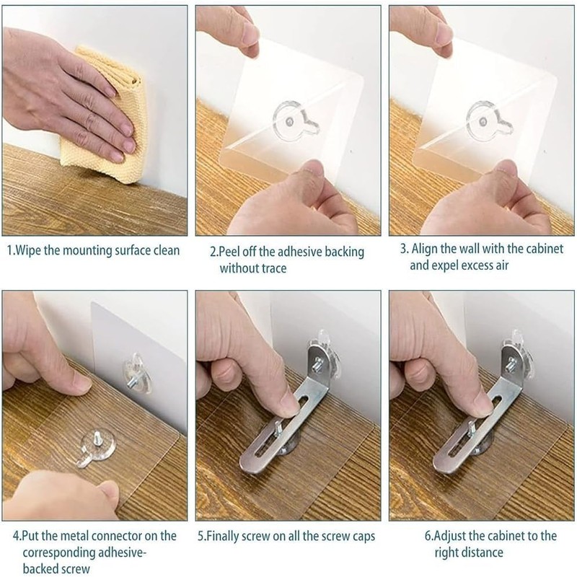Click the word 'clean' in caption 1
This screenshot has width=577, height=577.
(167, 250)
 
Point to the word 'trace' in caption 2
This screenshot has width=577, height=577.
(274, 268)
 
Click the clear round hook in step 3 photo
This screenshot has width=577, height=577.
(489, 120)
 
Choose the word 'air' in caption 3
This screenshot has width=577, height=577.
(502, 265)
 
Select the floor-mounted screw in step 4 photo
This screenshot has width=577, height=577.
(98, 439)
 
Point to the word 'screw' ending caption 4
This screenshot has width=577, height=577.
(75, 568)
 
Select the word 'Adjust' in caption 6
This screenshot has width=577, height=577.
(451, 536)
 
